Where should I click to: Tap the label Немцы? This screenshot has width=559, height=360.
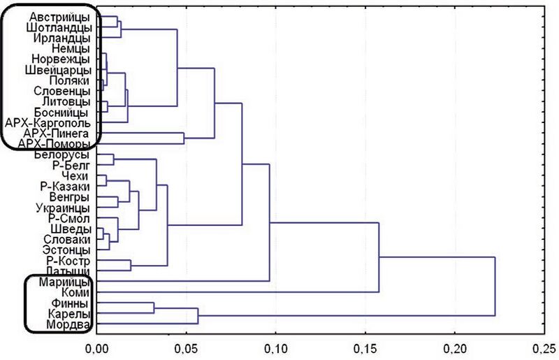70,49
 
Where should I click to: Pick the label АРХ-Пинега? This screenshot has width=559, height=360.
55,133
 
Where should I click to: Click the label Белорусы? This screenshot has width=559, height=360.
62,154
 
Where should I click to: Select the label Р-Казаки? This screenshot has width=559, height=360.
64,187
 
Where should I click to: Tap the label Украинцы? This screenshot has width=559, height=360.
62,208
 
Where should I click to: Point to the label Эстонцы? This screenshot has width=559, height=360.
66,250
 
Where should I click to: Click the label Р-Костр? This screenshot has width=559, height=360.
68,261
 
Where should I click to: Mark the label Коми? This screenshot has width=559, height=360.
73,292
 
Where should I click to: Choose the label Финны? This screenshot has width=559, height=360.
70,303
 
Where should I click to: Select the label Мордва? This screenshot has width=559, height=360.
68,325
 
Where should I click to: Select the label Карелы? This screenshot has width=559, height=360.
68,315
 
